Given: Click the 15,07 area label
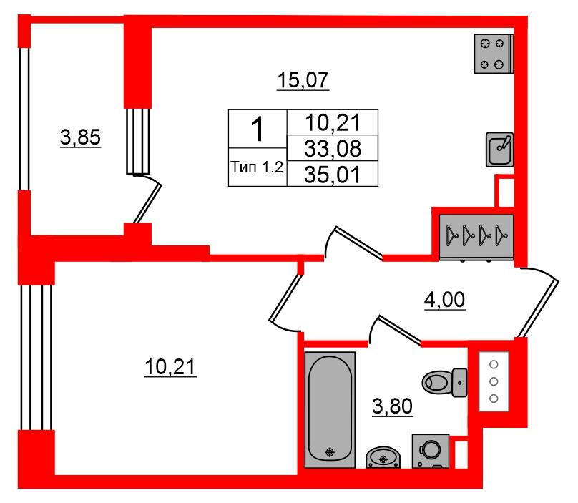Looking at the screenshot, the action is [303, 80].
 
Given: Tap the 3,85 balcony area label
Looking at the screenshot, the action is [80, 137].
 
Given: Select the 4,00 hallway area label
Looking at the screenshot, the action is [444, 300].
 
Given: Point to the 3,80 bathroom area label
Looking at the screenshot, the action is [392, 406].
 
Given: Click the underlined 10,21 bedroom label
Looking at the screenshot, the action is [170, 367].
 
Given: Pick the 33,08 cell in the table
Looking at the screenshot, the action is [333, 148].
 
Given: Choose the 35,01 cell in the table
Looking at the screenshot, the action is [333, 174].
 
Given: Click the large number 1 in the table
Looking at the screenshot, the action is [258, 129].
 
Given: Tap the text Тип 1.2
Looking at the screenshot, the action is [257, 167].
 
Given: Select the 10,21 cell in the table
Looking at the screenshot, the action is [333, 122].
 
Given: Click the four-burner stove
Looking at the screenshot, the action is [494, 54].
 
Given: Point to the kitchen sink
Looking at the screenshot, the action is [499, 150].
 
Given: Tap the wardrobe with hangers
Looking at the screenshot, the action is [476, 236].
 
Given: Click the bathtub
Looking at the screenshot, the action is [330, 409].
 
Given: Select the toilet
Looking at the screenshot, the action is [444, 382].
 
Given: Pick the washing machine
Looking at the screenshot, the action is [431, 451].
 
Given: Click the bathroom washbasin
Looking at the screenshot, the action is [383, 457].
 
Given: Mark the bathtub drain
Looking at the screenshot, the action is [330, 451].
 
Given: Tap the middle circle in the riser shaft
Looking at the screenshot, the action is [494, 381].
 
